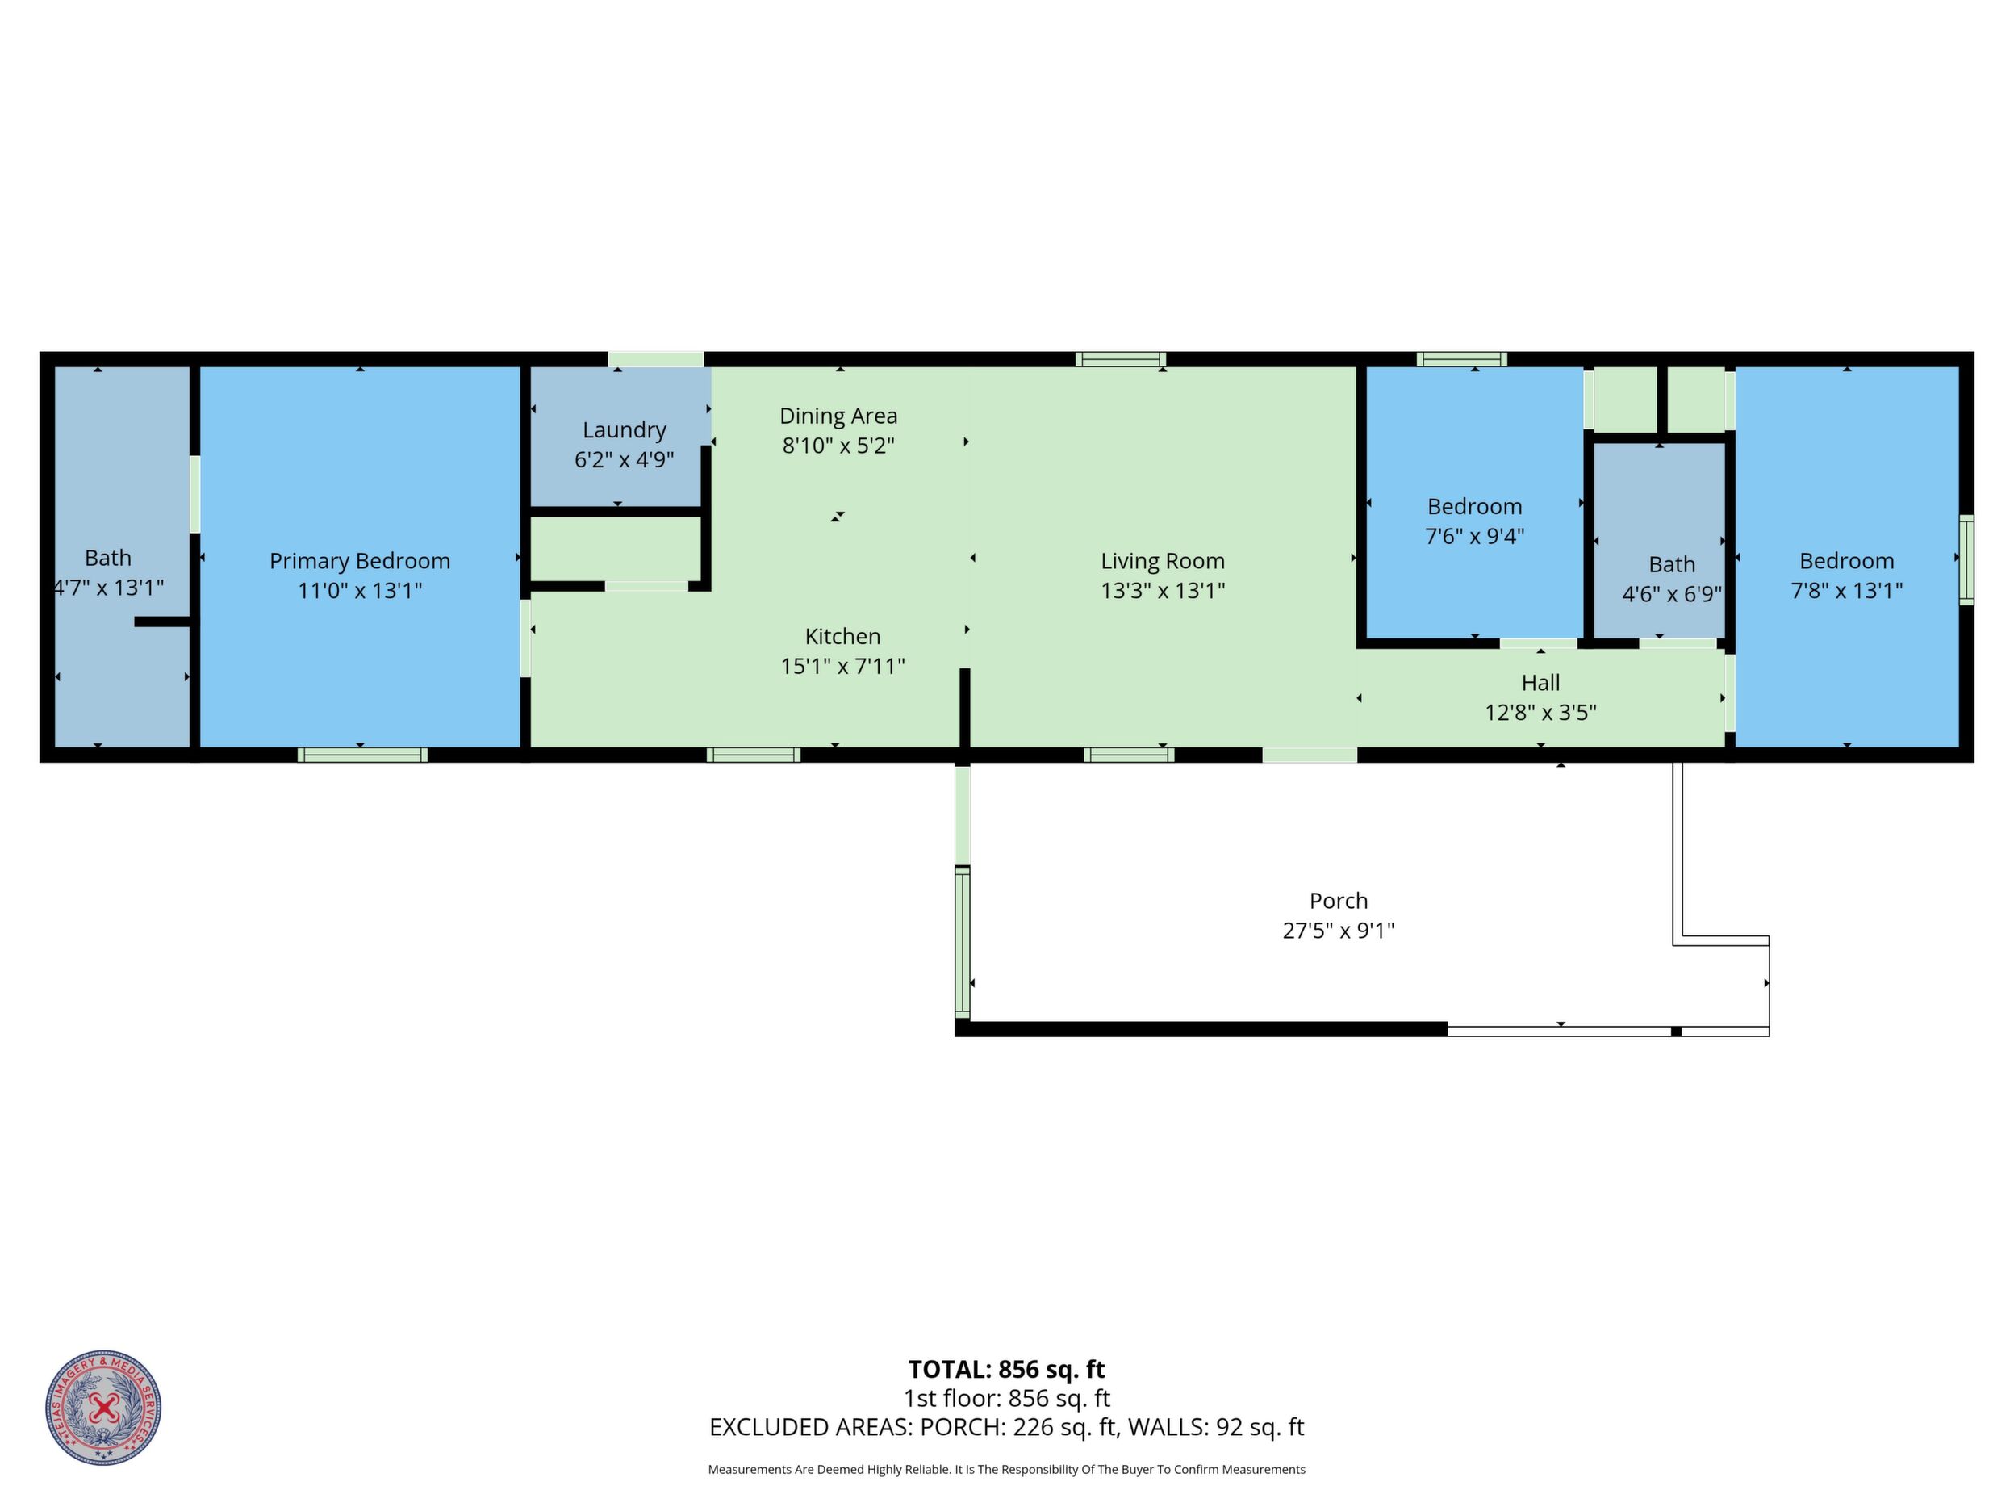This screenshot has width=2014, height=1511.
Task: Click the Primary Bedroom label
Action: tap(360, 561)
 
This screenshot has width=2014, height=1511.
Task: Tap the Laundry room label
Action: tap(625, 430)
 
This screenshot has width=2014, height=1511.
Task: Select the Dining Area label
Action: tap(838, 416)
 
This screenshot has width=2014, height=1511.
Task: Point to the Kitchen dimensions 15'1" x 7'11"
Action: tap(843, 666)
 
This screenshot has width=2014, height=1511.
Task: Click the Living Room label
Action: tap(1163, 561)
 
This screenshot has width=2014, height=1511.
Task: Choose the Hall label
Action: tap(1540, 682)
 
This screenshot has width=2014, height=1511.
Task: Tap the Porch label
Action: tap(1339, 901)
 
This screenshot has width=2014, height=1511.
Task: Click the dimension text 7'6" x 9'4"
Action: tap(1475, 535)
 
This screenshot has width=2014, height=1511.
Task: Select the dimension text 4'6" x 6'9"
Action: tap(1672, 594)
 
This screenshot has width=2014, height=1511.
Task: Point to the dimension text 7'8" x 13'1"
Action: tap(1846, 590)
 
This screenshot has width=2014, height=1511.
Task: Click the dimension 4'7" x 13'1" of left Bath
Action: tap(108, 588)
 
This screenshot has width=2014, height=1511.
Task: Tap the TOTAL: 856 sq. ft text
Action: tap(1006, 1369)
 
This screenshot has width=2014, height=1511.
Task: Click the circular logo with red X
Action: tap(104, 1407)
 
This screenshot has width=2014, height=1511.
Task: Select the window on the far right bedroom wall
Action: tap(1966, 559)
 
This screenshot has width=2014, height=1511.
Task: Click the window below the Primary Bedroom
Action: tap(362, 754)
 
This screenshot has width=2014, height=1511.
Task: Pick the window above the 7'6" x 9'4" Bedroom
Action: tap(1461, 359)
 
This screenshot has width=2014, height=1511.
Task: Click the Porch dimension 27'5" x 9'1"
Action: tap(1339, 930)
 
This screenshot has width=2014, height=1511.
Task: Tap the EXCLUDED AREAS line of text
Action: tap(1006, 1426)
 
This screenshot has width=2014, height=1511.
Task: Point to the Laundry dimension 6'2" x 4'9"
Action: tap(625, 459)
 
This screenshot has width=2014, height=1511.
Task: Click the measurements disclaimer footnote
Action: tap(1006, 1469)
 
